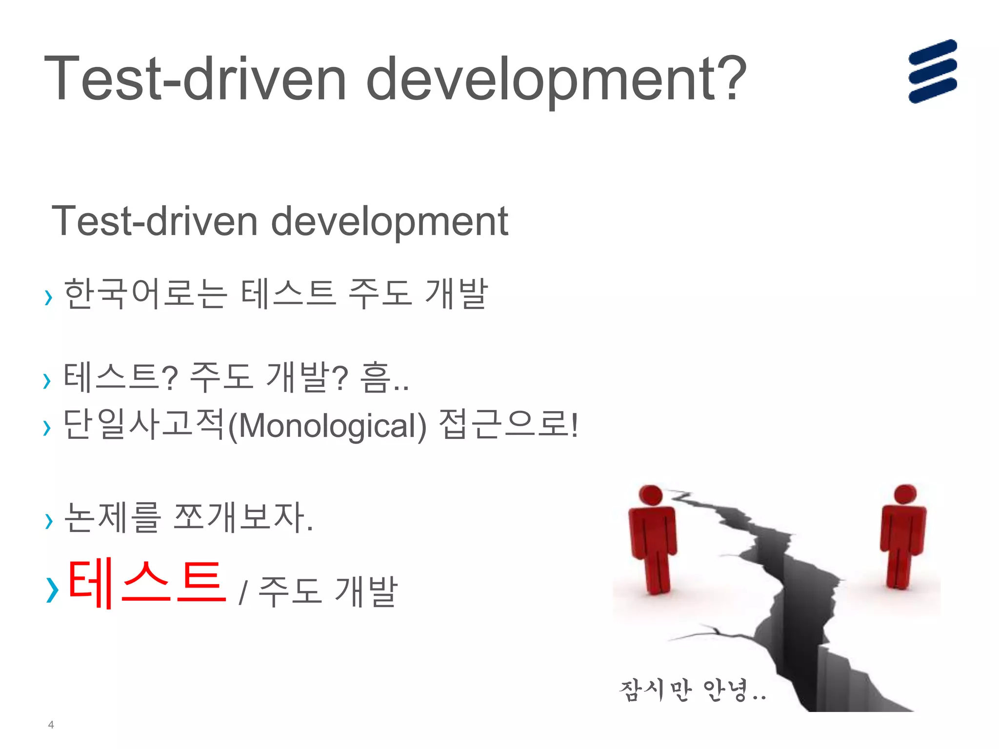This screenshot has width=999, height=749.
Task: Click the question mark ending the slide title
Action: (x=731, y=78)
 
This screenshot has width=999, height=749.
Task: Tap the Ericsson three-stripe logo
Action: (x=932, y=71)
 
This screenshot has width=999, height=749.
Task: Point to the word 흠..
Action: (x=375, y=377)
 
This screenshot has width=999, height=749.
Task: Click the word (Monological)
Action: (x=327, y=426)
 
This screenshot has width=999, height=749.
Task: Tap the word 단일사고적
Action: (x=144, y=424)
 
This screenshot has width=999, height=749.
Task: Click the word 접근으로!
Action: (x=508, y=424)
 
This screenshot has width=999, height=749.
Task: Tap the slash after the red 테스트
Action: (x=242, y=592)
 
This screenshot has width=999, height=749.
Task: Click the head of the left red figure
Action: (x=651, y=495)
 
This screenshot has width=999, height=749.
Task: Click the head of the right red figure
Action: (x=905, y=493)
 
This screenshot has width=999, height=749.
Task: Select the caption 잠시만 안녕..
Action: (x=692, y=690)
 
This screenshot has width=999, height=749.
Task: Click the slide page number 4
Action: (x=51, y=725)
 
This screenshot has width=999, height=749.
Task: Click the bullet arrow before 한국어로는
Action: (x=48, y=297)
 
